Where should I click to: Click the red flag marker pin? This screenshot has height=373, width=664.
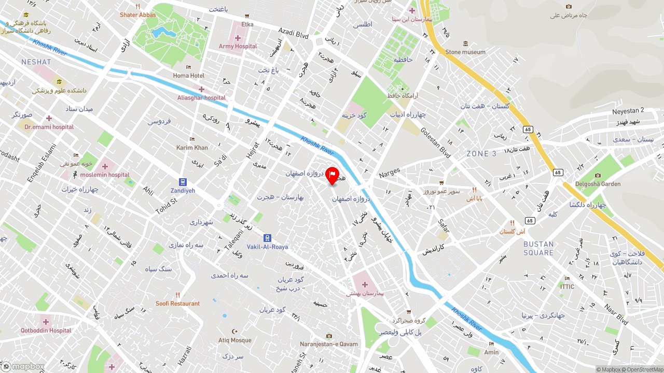click(x=332, y=176)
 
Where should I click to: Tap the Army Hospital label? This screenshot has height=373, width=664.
click(x=238, y=46)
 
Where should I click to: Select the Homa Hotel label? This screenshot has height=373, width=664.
click(x=188, y=76)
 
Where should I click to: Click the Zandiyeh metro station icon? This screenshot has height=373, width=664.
click(x=183, y=182)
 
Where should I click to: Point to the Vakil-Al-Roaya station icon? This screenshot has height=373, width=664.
click(x=267, y=238)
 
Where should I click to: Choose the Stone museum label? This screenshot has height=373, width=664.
click(x=465, y=52)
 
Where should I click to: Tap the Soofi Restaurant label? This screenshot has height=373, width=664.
click(x=177, y=303)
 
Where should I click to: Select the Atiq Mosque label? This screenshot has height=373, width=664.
click(x=234, y=340)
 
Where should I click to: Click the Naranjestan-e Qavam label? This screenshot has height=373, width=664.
click(x=329, y=344)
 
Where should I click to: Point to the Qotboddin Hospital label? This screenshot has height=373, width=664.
click(x=46, y=330)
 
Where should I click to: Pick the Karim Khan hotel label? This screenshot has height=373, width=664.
click(x=192, y=148)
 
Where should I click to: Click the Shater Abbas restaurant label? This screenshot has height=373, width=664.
click(x=137, y=15)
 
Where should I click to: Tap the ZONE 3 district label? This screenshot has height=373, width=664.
click(x=481, y=154)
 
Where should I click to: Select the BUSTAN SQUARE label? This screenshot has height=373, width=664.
click(x=538, y=248)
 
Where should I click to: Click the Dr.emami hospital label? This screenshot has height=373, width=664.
click(x=49, y=127)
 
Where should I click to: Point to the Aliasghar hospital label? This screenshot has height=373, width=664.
click(x=201, y=97)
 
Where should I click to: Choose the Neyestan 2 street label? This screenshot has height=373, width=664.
click(x=628, y=110)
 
